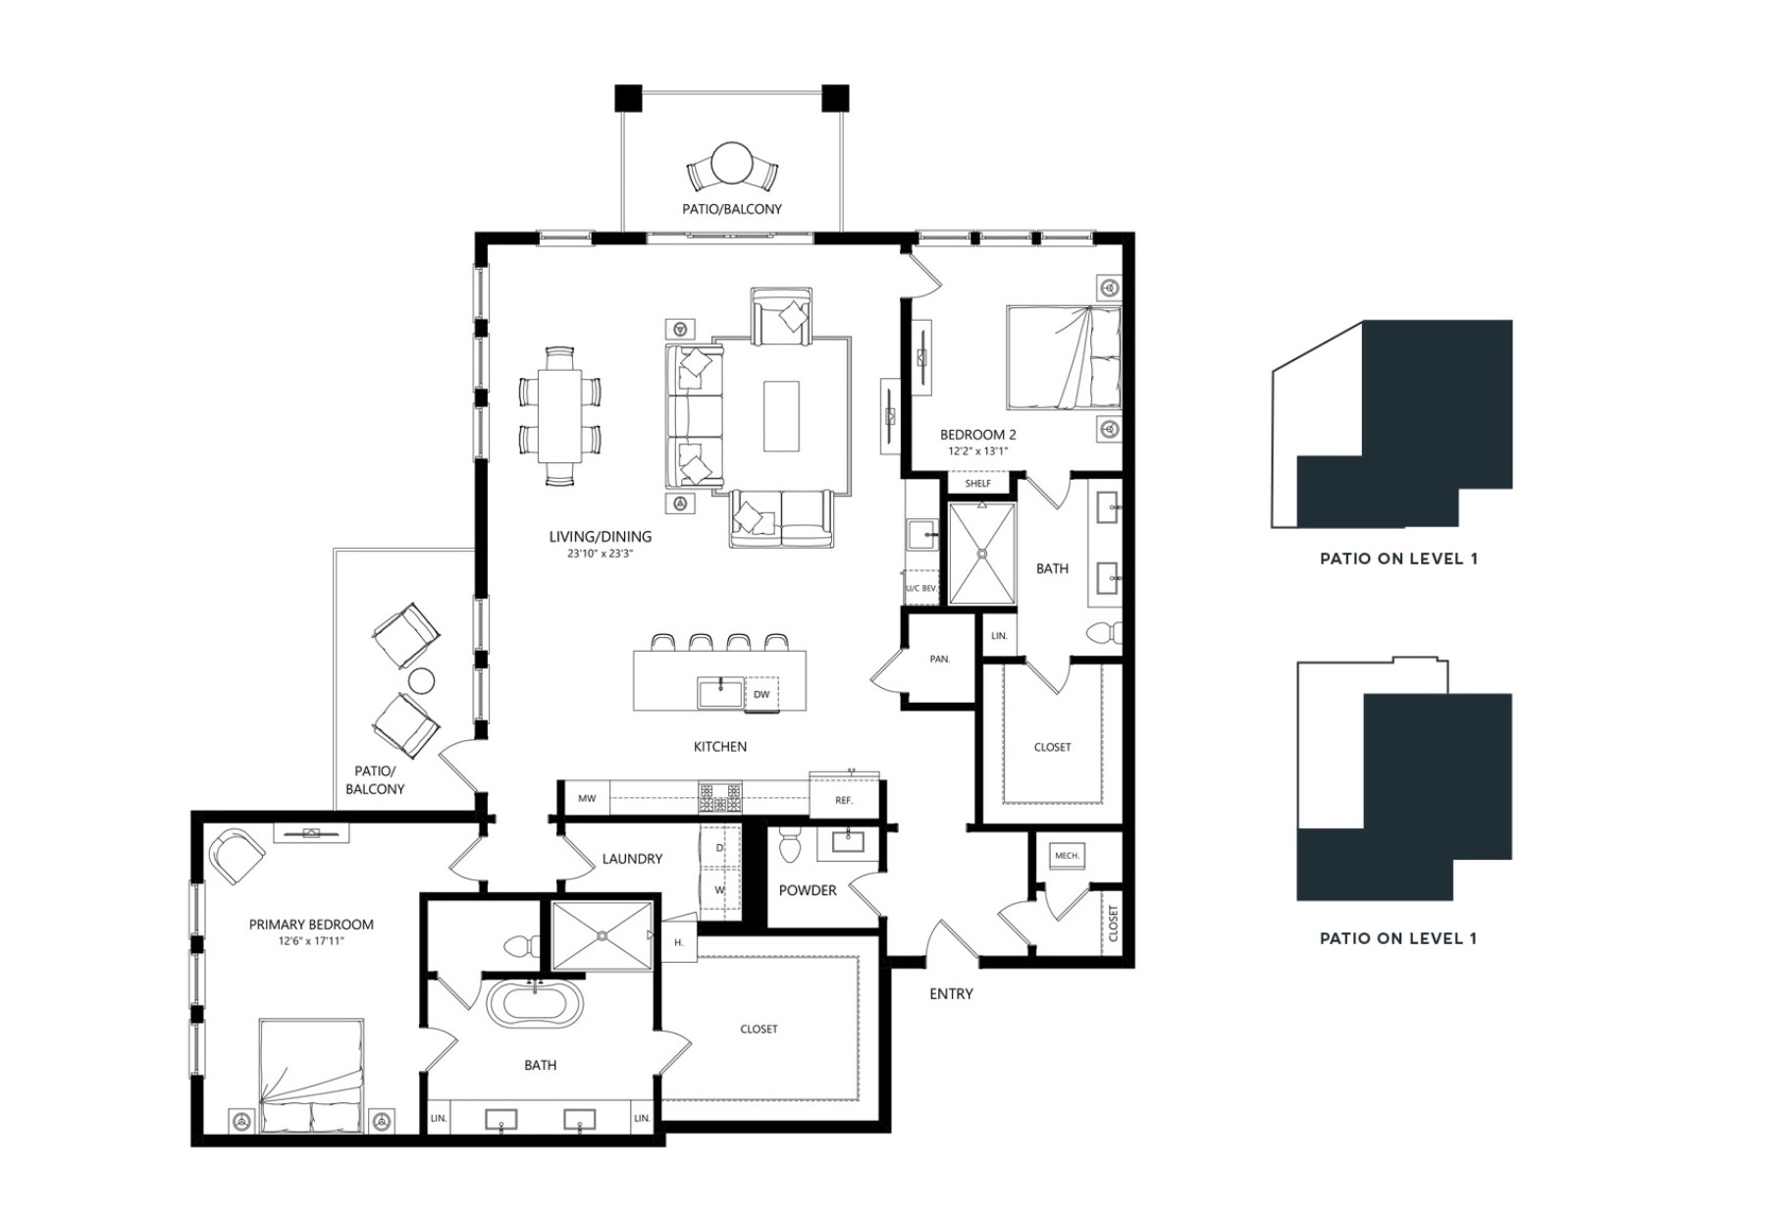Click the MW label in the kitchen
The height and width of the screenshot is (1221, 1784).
pyautogui.click(x=587, y=799)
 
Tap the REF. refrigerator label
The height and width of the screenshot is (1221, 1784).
pyautogui.click(x=844, y=801)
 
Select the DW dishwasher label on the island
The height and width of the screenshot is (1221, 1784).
pyautogui.click(x=761, y=695)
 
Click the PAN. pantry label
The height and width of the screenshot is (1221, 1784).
pyautogui.click(x=940, y=660)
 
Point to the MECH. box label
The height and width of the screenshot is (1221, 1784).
pyautogui.click(x=1067, y=856)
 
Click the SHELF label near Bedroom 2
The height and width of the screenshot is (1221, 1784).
pyautogui.click(x=978, y=484)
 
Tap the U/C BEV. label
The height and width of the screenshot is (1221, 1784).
pyautogui.click(x=921, y=589)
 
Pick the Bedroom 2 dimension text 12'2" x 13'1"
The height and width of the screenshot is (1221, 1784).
pyautogui.click(x=977, y=451)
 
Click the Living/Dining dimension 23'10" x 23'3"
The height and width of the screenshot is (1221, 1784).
pyautogui.click(x=601, y=554)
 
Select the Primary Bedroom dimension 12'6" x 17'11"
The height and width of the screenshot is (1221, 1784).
pyautogui.click(x=311, y=941)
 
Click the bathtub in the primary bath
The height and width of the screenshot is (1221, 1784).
pyautogui.click(x=535, y=1005)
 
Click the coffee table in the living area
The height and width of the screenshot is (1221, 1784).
pyautogui.click(x=781, y=416)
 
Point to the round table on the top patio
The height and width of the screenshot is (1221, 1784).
pyautogui.click(x=732, y=163)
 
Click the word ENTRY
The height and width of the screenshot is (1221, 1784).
pyautogui.click(x=951, y=994)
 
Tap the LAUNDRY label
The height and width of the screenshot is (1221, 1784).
pyautogui.click(x=632, y=859)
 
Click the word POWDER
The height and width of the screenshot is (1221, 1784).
pyautogui.click(x=808, y=890)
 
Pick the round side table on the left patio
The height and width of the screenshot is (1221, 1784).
pyautogui.click(x=421, y=680)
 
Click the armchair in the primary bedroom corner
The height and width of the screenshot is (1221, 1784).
pyautogui.click(x=236, y=856)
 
